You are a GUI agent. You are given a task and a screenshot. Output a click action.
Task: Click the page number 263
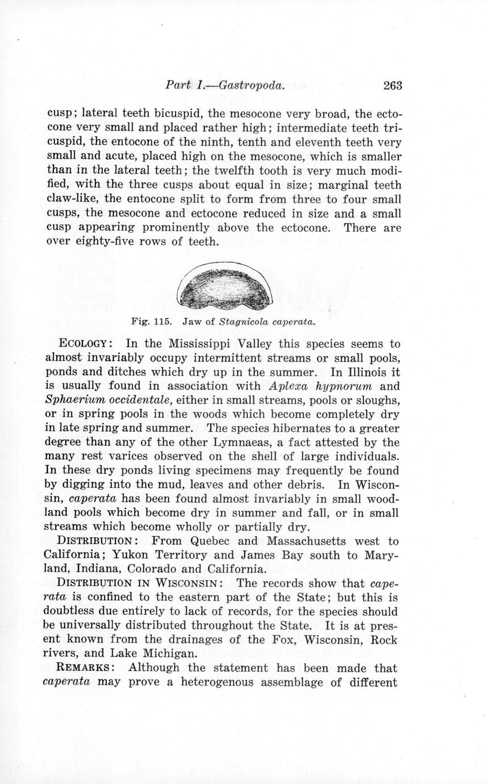point(393,85)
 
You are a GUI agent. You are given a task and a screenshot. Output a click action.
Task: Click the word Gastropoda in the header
point(251,85)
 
